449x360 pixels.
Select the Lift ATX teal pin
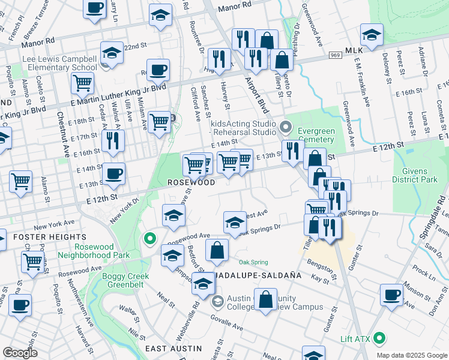(379, 339)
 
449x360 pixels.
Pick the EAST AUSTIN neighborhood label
(173, 349)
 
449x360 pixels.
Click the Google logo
(20, 353)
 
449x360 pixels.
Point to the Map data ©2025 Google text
(411, 355)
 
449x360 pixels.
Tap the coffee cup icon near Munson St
(392, 295)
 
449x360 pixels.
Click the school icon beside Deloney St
(372, 34)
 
